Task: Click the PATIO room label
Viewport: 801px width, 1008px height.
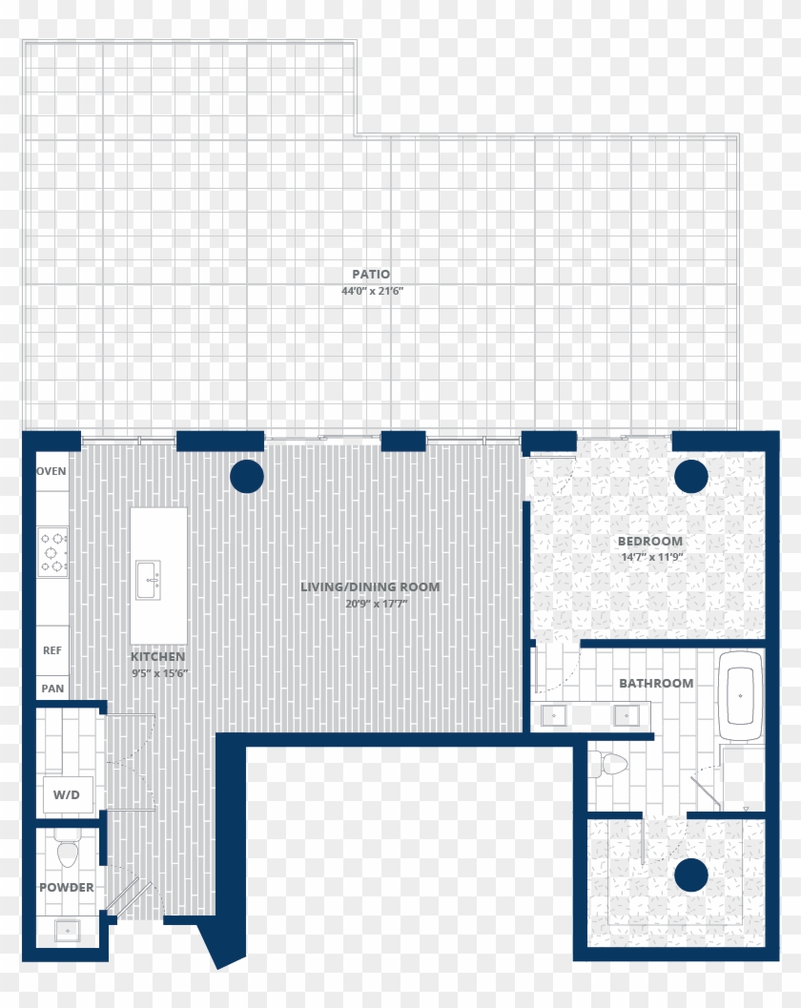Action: point(371,275)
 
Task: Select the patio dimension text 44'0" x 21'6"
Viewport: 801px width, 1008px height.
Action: point(371,292)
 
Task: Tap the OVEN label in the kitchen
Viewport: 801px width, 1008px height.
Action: point(51,471)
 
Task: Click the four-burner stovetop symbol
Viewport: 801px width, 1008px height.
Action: point(52,551)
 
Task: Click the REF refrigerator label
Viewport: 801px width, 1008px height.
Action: point(52,650)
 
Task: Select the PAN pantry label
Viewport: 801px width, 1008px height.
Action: point(52,688)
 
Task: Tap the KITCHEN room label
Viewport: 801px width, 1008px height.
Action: point(158,657)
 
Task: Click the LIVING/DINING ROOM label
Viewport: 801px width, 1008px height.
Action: point(370,586)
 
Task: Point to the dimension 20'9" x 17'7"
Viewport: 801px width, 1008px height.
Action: point(370,603)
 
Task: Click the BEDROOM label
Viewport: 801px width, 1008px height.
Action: point(650,541)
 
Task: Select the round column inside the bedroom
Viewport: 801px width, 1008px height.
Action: point(691,476)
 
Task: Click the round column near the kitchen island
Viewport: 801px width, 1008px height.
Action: point(246,476)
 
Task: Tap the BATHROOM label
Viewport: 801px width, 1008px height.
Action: point(656,683)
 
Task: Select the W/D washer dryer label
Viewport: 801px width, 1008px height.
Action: point(67,794)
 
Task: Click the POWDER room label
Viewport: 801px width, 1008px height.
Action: point(67,887)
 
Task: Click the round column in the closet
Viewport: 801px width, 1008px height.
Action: point(691,874)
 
